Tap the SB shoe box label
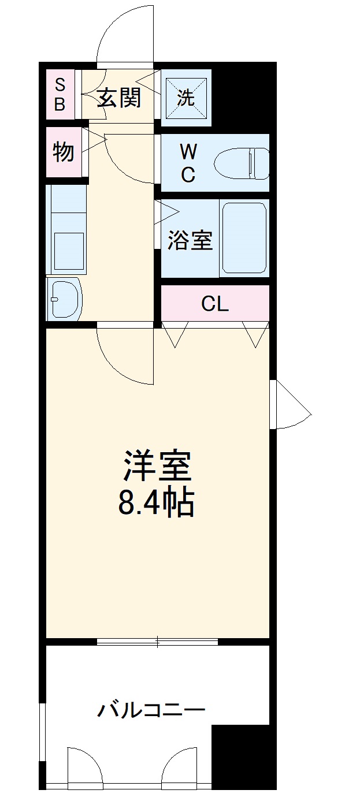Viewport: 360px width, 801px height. (x=60, y=95)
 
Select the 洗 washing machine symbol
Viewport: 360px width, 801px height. (x=185, y=98)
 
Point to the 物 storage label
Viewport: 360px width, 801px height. (x=64, y=152)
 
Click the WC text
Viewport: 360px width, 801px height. (x=188, y=163)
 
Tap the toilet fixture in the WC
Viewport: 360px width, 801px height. (x=242, y=163)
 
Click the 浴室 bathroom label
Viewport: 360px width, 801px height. (x=190, y=240)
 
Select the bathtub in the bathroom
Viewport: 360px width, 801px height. (x=243, y=237)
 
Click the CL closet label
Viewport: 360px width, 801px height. (x=215, y=304)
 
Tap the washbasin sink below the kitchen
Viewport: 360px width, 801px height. (x=65, y=298)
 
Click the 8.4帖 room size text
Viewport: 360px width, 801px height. (x=156, y=502)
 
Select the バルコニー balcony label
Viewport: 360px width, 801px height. (x=150, y=709)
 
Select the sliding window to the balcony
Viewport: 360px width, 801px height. (x=157, y=641)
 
